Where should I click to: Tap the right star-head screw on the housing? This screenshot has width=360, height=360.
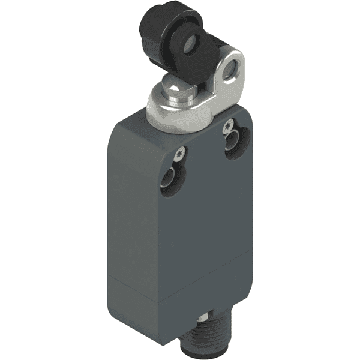click(x=228, y=127)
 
